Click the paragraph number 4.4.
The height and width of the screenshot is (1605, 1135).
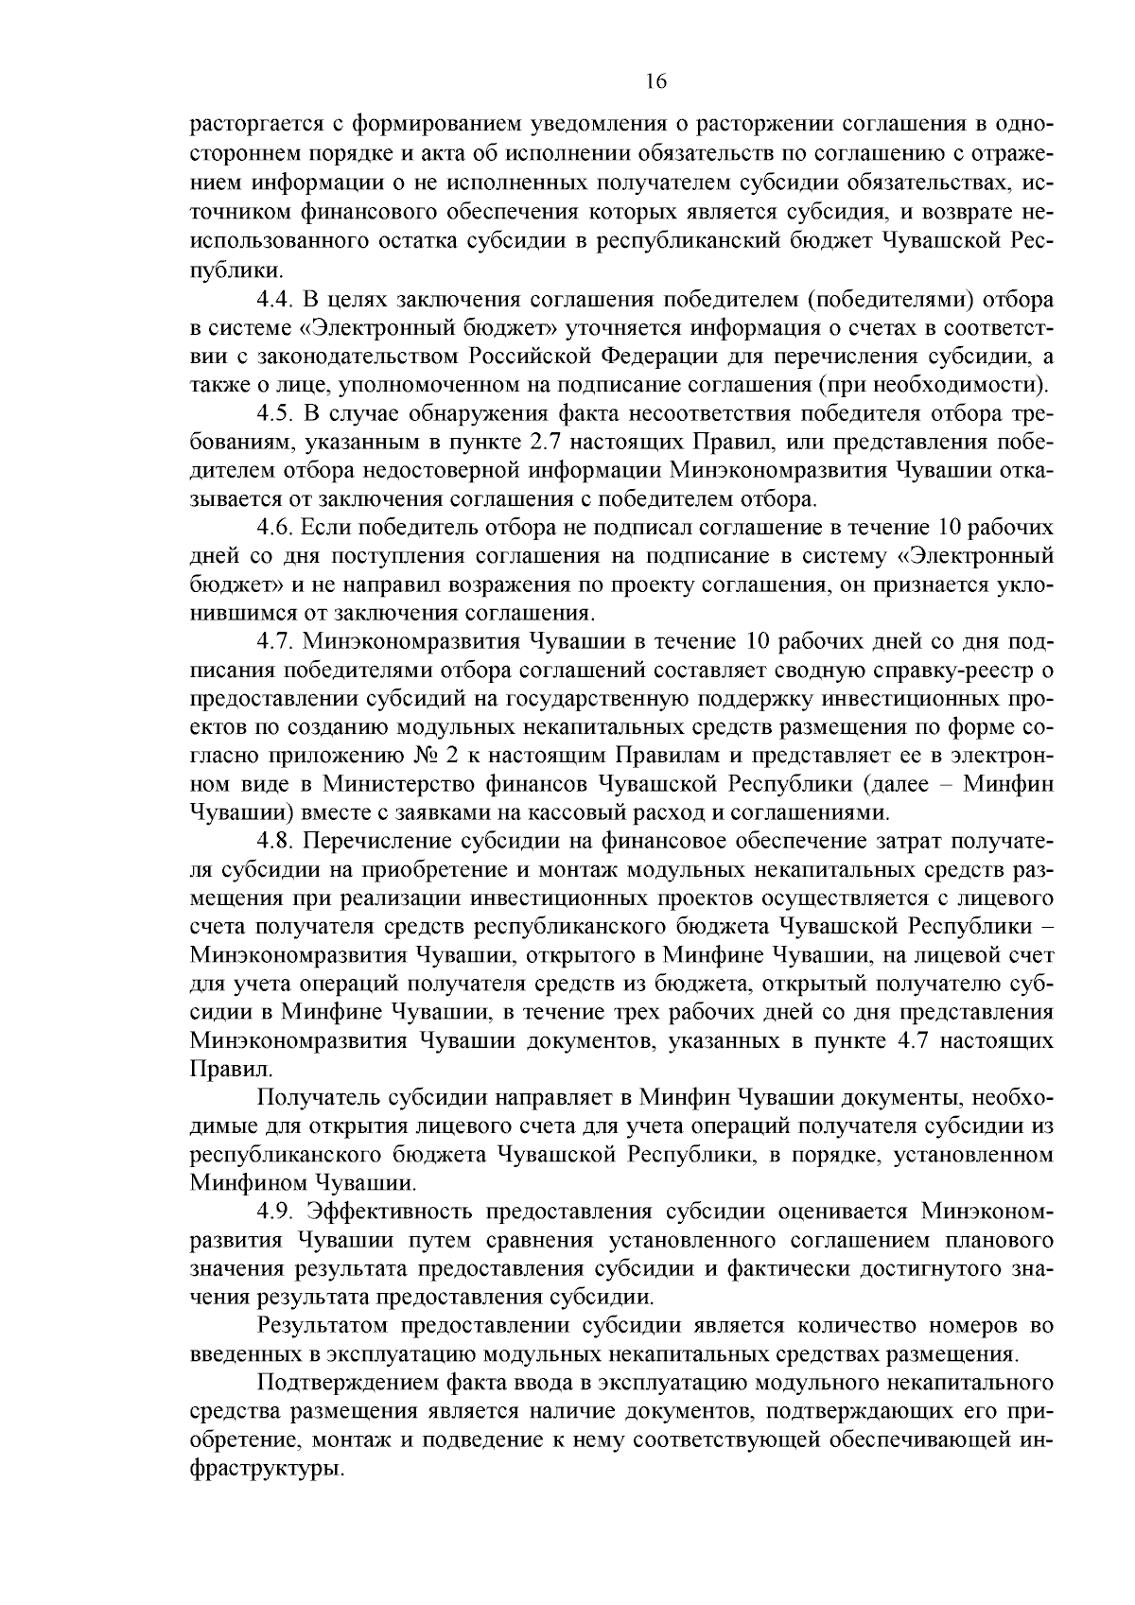(276, 301)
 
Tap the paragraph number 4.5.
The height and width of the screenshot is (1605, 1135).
(276, 413)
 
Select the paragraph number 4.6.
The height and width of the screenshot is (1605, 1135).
(276, 527)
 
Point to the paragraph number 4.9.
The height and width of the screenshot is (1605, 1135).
(276, 1211)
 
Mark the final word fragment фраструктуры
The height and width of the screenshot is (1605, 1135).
(266, 1469)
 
